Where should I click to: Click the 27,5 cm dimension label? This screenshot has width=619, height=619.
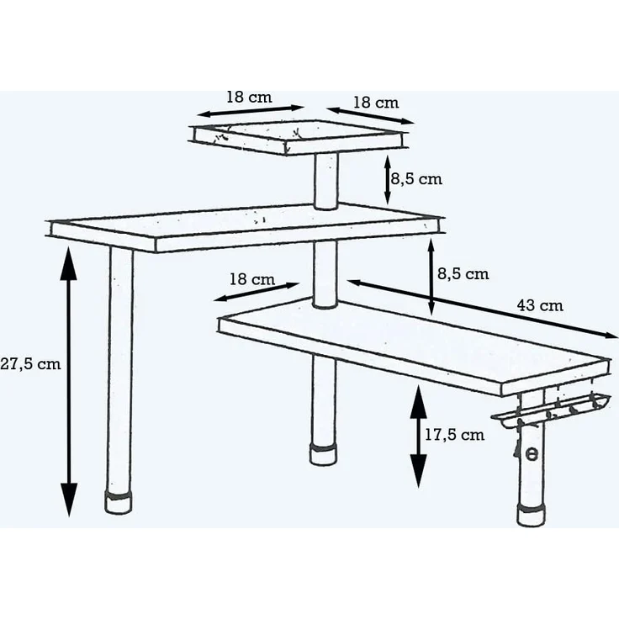(30, 363)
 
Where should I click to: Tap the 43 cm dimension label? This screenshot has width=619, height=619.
(540, 305)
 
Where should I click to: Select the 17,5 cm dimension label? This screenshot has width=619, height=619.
(454, 435)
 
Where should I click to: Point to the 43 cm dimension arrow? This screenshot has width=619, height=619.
(483, 309)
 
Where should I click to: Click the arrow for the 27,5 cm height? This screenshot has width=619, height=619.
(69, 381)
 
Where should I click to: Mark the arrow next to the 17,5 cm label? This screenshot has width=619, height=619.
(418, 436)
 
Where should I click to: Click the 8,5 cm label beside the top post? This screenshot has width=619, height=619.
(416, 179)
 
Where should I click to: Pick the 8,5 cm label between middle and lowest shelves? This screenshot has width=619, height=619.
(463, 274)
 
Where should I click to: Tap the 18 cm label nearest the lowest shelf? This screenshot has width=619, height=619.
(252, 279)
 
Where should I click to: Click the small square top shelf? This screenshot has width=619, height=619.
(298, 137)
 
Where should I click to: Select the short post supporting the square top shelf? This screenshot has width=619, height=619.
(326, 181)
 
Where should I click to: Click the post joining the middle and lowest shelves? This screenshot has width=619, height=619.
(325, 274)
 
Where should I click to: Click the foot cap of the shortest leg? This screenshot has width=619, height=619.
(324, 454)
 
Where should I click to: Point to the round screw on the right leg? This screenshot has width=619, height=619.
(532, 454)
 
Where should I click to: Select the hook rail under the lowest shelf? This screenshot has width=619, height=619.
(551, 410)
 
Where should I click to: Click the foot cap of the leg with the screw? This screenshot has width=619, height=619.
(532, 515)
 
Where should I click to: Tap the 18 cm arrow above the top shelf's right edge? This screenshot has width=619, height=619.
(370, 116)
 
